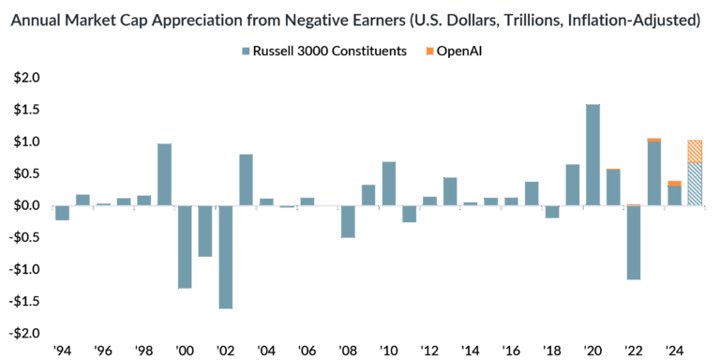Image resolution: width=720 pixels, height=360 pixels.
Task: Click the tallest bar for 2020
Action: click(x=592, y=155)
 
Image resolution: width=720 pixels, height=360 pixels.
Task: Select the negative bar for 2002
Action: click(x=226, y=256)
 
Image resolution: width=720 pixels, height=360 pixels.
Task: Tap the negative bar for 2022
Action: click(x=634, y=242)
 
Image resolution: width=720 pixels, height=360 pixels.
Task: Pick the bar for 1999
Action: click(x=164, y=174)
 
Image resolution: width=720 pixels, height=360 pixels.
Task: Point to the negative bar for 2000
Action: click(x=185, y=246)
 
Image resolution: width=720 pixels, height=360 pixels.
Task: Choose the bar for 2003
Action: click(x=246, y=179)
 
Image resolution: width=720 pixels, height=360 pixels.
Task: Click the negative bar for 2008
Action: click(x=348, y=220)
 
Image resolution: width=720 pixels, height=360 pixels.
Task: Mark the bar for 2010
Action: click(x=388, y=183)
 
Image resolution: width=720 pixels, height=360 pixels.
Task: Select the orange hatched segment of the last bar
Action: click(x=695, y=152)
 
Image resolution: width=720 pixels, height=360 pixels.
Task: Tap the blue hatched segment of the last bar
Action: click(x=695, y=184)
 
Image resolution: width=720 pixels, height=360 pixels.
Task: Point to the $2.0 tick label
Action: click(x=28, y=78)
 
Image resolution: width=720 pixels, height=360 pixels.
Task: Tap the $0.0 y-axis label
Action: click(x=28, y=205)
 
